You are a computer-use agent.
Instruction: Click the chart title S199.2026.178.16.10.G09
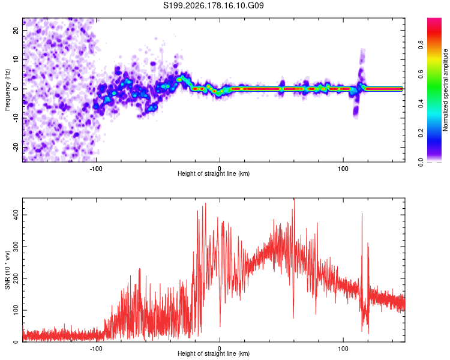tap(213, 5)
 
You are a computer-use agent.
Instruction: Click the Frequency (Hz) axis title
tap(7, 90)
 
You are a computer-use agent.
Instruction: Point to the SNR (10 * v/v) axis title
tap(7, 270)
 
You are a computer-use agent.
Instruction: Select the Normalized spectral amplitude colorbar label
tap(445, 90)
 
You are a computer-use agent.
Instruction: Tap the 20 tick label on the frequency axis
tap(16, 31)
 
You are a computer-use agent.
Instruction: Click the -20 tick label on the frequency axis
tap(16, 147)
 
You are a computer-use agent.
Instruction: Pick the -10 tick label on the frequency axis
tap(16, 118)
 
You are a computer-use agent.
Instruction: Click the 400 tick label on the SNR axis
tap(16, 215)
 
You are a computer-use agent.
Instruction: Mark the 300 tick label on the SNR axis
tap(16, 247)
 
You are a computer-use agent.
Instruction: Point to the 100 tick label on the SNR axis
tap(16, 310)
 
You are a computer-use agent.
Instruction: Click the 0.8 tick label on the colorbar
tap(421, 45)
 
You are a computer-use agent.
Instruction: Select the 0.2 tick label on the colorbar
tap(421, 133)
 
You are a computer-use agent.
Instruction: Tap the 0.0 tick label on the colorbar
tap(421, 163)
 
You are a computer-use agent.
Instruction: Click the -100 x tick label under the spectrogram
tap(96, 169)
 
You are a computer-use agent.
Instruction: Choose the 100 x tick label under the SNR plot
tap(343, 349)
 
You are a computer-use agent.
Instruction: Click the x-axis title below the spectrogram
tap(214, 173)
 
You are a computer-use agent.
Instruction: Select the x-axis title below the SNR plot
tap(214, 353)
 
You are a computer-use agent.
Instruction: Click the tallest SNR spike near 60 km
tap(294, 200)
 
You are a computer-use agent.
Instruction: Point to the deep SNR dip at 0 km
tap(220, 326)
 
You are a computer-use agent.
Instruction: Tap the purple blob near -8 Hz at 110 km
tap(356, 110)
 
